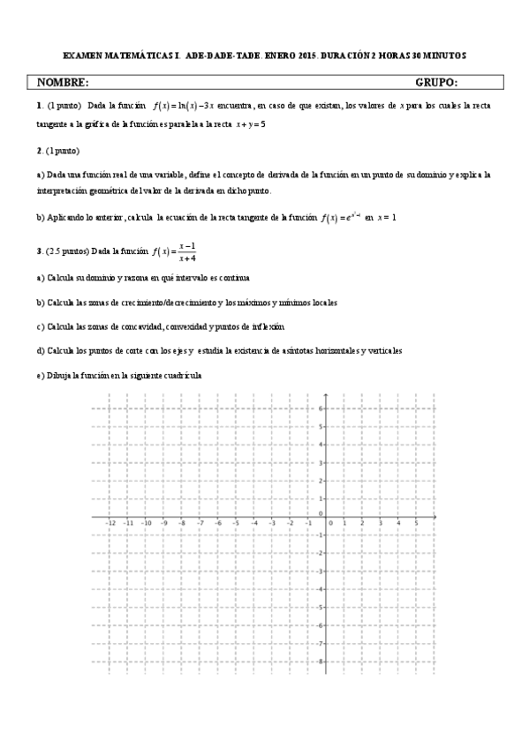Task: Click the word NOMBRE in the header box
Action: [63, 83]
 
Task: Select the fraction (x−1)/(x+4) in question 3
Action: [186, 252]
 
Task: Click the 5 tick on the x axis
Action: [416, 522]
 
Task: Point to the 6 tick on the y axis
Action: [322, 408]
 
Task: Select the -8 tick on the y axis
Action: [321, 661]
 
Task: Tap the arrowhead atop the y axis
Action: [327, 395]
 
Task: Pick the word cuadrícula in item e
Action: [181, 375]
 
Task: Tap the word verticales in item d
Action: [382, 350]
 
